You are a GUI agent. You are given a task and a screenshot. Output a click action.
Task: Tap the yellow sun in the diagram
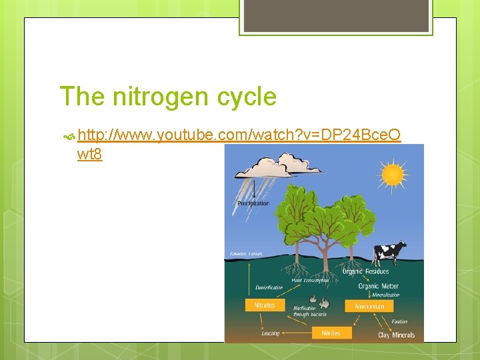(393, 175)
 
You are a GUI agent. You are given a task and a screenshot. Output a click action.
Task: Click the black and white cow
(389, 253)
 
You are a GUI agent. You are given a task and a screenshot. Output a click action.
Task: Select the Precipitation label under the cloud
(253, 203)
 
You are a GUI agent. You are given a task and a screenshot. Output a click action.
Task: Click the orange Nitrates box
(265, 305)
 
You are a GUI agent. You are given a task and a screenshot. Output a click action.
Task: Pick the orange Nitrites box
(331, 333)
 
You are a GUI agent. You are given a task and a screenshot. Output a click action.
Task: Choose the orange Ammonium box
(369, 306)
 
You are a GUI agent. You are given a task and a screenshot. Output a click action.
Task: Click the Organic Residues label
(365, 271)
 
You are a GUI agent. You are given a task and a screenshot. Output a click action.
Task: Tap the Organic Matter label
(378, 286)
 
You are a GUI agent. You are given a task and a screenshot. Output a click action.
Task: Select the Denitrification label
(269, 288)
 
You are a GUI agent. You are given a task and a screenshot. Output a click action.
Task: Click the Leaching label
(271, 333)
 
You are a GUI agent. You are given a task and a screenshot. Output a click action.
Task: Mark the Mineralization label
(385, 295)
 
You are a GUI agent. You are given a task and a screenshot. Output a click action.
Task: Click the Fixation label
(399, 321)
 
